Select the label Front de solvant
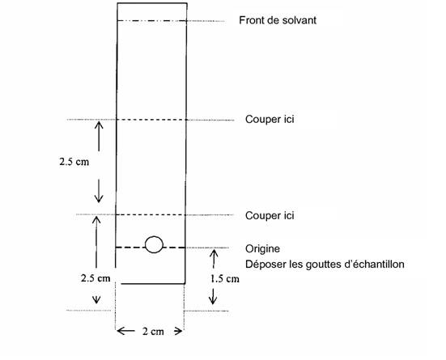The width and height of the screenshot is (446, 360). [x=278, y=20]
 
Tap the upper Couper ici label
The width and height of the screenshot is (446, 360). [x=270, y=119]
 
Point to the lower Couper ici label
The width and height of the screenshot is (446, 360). [x=270, y=215]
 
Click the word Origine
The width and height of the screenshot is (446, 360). [x=262, y=249]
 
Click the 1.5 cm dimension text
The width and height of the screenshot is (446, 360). [x=224, y=279]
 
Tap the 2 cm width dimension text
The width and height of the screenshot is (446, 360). [x=153, y=331]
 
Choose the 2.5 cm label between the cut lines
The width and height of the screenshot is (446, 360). [x=74, y=162]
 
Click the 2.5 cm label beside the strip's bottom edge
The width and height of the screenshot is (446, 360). [x=96, y=277]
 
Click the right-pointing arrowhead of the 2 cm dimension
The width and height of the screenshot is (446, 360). [x=178, y=331]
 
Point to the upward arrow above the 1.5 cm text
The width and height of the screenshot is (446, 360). [x=214, y=259]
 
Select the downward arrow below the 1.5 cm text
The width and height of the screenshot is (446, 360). [x=213, y=296]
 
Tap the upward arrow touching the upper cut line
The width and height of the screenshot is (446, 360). [x=99, y=136]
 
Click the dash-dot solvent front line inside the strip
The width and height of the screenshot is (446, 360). [x=152, y=21]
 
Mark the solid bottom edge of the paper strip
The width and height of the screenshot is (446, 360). [x=153, y=283]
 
